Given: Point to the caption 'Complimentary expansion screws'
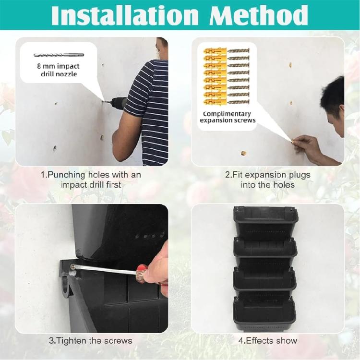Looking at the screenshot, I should tap(227, 117).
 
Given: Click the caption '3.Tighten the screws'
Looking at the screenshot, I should tap(91, 341).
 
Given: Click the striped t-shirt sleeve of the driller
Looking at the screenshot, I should tap(139, 91).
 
